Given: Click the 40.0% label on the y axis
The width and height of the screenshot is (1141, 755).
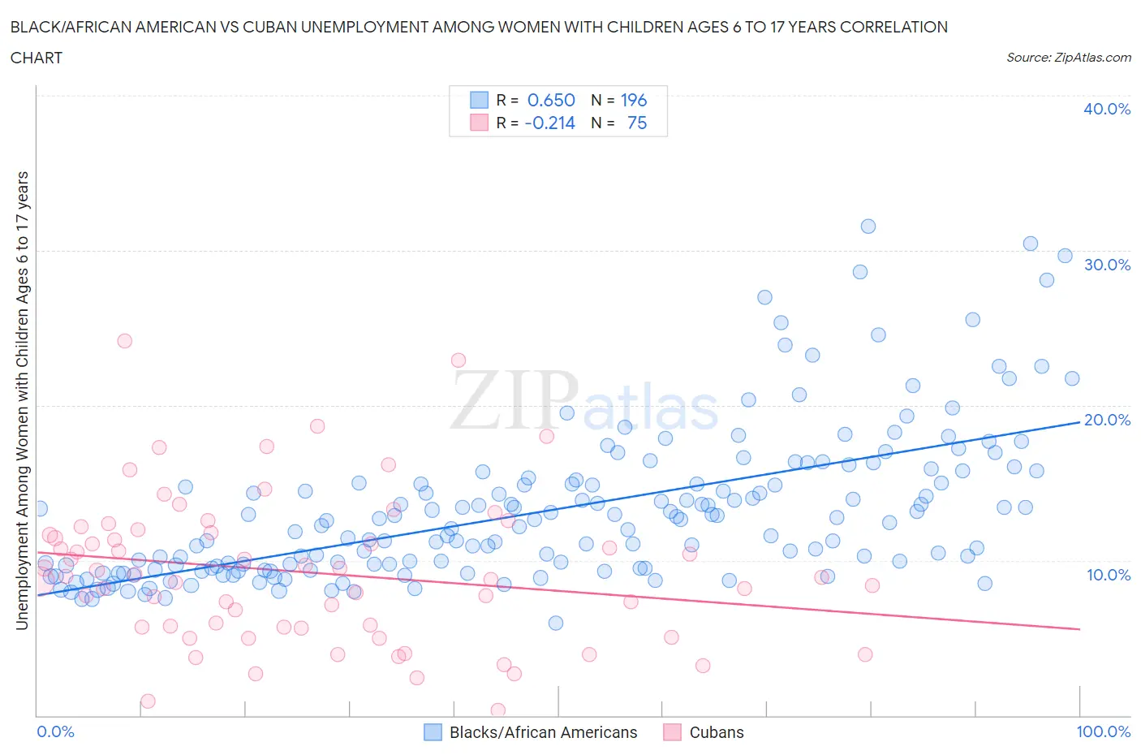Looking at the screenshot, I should pyautogui.click(x=1106, y=109).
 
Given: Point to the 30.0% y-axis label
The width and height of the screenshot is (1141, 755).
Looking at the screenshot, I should pyautogui.click(x=1106, y=265).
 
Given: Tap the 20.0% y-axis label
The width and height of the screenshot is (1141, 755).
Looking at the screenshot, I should pyautogui.click(x=1106, y=420).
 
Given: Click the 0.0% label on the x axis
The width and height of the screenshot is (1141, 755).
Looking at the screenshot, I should pyautogui.click(x=55, y=731).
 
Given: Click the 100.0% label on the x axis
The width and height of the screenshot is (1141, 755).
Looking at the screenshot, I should pyautogui.click(x=1103, y=731).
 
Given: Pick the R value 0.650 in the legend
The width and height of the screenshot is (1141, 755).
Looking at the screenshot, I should pyautogui.click(x=551, y=100).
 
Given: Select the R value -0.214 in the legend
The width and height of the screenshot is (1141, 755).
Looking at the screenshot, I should pyautogui.click(x=549, y=123).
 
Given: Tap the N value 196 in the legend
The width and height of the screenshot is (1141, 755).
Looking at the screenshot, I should pyautogui.click(x=633, y=100).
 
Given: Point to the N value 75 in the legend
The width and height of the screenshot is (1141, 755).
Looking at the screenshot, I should pyautogui.click(x=637, y=123).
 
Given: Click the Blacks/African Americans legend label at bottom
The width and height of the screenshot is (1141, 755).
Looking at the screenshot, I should pyautogui.click(x=543, y=732).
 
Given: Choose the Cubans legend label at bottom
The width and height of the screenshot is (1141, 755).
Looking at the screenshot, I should pyautogui.click(x=716, y=732).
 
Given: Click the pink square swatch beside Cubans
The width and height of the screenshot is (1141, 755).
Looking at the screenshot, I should pyautogui.click(x=672, y=732).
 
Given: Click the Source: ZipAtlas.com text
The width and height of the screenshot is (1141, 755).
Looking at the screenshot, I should pyautogui.click(x=1068, y=57).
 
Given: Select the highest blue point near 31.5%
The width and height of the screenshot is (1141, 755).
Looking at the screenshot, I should pyautogui.click(x=868, y=226).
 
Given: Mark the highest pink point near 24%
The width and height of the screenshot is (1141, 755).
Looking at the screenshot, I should pyautogui.click(x=124, y=341).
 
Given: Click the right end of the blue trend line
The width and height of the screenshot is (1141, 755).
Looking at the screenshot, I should pyautogui.click(x=1079, y=421).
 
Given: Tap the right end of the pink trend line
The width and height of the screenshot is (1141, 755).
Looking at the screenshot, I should pyautogui.click(x=1079, y=629).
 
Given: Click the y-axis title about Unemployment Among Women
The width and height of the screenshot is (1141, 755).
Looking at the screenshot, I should pyautogui.click(x=23, y=400).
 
